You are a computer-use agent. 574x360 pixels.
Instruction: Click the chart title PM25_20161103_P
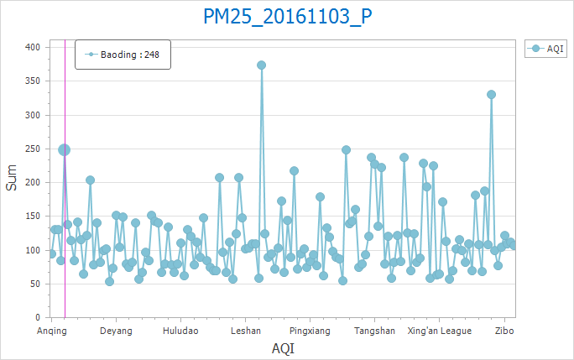click(288, 17)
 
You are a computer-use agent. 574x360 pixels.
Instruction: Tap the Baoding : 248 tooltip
click(123, 55)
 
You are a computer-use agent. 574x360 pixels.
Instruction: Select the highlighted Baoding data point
click(64, 149)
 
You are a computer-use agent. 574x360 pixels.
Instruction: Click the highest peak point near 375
click(261, 65)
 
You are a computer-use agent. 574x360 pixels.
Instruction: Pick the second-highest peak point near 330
click(491, 94)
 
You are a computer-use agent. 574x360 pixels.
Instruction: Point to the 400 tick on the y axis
click(34, 47)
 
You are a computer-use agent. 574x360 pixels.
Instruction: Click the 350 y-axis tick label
click(34, 81)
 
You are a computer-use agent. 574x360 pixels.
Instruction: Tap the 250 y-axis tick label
click(34, 149)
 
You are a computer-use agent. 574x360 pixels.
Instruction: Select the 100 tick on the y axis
click(34, 250)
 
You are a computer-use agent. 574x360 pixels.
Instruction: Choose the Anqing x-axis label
click(51, 331)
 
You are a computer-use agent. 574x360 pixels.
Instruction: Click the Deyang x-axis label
click(116, 331)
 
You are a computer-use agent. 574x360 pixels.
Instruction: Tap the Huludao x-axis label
click(180, 331)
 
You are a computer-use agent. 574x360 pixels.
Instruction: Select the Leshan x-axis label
click(245, 331)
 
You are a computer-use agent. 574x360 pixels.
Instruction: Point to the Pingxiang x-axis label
click(310, 331)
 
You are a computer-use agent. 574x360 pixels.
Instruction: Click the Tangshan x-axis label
click(374, 331)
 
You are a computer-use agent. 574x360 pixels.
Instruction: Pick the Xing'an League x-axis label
click(440, 331)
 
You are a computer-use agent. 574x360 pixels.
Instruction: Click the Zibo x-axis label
click(504, 331)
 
